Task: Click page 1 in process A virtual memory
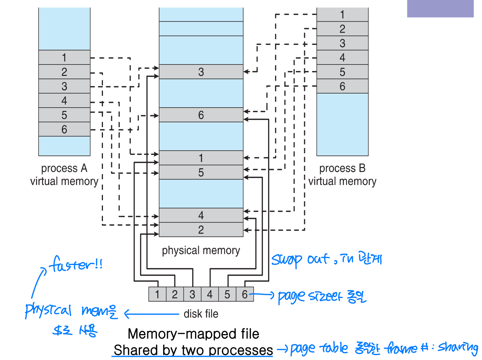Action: click(64, 58)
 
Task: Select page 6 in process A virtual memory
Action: click(64, 129)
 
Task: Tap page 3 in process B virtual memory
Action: click(342, 43)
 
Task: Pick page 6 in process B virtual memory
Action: click(342, 86)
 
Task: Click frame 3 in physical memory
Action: click(201, 72)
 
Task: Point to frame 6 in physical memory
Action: click(201, 115)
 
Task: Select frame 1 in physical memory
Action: click(201, 158)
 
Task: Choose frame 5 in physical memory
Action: click(201, 172)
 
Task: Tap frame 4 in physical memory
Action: click(201, 215)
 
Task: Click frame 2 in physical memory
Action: click(201, 230)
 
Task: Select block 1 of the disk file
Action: click(157, 294)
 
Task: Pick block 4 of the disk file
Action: click(210, 294)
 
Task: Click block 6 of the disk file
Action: click(245, 294)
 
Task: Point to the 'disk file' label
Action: click(201, 314)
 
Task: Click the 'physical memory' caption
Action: click(201, 250)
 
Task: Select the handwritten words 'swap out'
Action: click(300, 259)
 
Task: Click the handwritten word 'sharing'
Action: click(458, 347)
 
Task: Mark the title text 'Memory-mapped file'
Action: click(193, 334)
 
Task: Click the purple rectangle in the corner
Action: click(440, 9)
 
